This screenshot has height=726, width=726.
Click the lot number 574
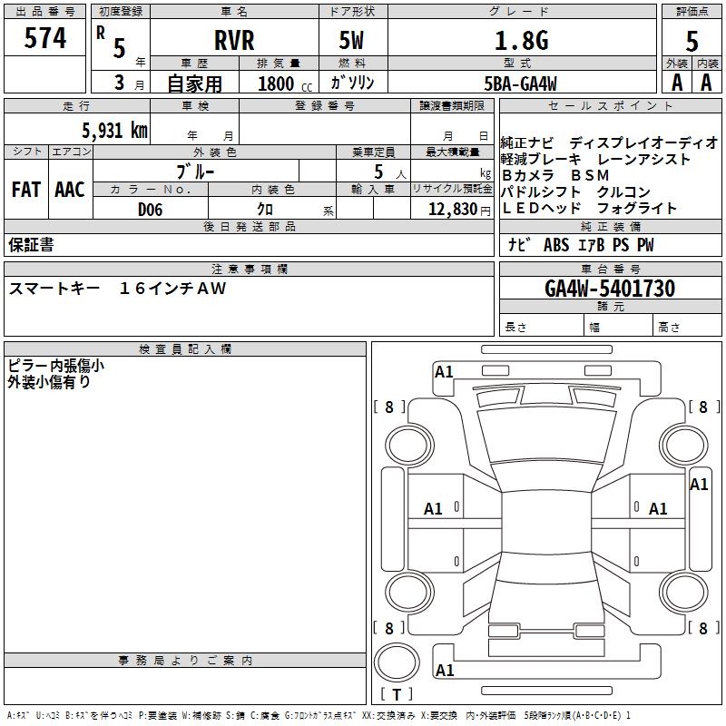coord(46,38)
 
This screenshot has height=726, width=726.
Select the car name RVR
coord(234,40)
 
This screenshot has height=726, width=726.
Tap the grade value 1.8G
coord(521,40)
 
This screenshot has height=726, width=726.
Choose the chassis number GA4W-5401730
coord(610,289)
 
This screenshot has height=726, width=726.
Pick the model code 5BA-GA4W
coord(520,83)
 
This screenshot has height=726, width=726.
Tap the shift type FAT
coord(26,190)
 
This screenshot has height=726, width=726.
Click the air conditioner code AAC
coord(70,190)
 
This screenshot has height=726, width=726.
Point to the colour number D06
coord(151,210)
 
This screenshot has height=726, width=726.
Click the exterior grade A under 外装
coord(676,83)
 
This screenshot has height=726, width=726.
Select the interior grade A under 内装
coord(706,83)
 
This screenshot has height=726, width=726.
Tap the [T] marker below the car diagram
coord(397,695)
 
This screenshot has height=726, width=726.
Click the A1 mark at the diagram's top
coord(444,371)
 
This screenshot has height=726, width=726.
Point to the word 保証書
coord(31,245)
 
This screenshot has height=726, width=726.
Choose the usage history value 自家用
coord(194,83)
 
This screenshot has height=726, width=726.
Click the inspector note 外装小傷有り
coord(49,382)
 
